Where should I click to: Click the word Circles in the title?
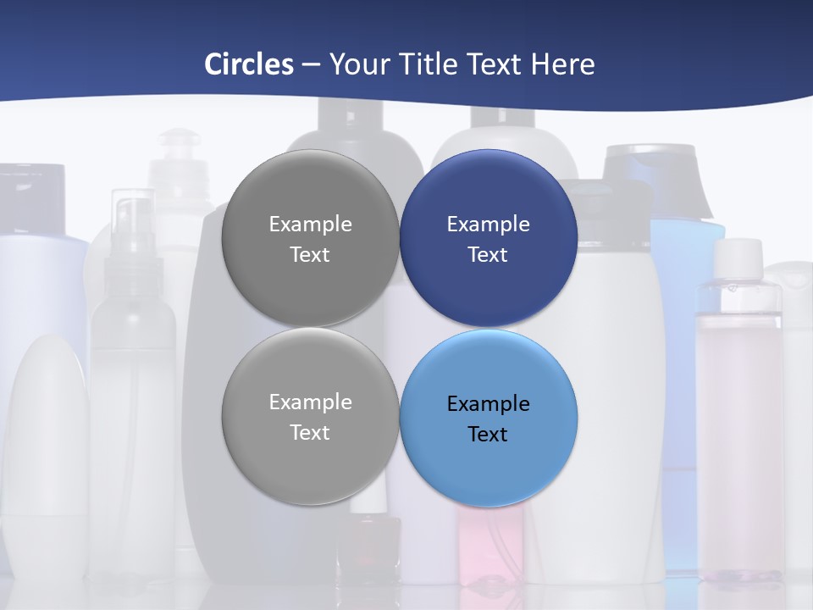click(248, 64)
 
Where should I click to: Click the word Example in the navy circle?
click(488, 224)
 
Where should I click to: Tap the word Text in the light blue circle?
click(488, 434)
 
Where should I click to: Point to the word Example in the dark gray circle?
click(310, 224)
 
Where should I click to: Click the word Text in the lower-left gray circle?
click(310, 432)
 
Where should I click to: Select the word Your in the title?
click(359, 64)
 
